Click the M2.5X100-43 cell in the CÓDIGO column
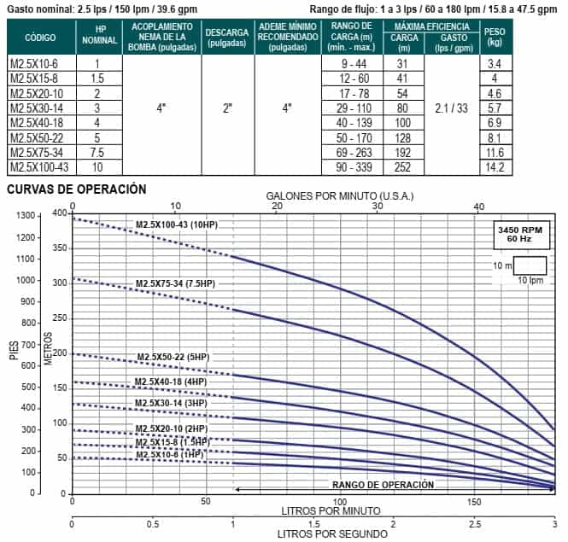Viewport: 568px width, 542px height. click(37, 167)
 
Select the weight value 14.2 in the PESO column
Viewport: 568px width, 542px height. click(494, 167)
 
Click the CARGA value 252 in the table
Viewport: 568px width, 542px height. click(403, 167)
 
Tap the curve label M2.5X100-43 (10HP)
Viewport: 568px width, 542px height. click(179, 225)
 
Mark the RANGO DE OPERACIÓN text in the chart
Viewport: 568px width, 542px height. click(383, 485)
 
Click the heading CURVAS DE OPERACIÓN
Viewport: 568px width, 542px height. click(76, 189)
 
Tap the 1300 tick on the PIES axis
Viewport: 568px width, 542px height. click(26, 215)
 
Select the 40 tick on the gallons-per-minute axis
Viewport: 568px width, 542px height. click(478, 206)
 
